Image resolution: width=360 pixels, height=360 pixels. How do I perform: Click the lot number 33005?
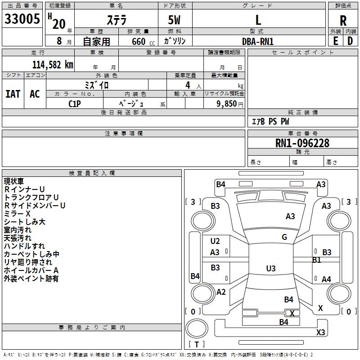(22, 19)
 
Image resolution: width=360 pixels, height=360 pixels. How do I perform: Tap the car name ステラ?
(117, 20)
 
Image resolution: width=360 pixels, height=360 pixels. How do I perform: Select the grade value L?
(258, 20)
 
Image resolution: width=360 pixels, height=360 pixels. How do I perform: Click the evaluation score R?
(343, 20)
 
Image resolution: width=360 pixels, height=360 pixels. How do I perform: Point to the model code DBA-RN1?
(258, 41)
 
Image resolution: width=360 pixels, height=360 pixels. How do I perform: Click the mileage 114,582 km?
(53, 64)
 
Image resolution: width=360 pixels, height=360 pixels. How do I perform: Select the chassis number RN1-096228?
(302, 143)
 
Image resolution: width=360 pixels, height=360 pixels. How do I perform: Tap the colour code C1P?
(75, 103)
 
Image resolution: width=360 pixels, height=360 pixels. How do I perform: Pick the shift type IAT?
(13, 94)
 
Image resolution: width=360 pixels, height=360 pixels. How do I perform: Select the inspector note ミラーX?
(17, 214)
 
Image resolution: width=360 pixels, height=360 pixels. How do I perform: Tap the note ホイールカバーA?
(31, 270)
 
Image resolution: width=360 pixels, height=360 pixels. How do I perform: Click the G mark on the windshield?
(284, 237)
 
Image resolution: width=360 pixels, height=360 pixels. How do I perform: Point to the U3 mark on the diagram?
(270, 269)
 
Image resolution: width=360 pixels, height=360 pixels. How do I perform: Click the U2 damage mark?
(215, 241)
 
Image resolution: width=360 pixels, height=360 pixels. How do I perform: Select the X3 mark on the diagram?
(320, 333)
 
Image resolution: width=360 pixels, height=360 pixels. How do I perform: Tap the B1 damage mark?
(316, 260)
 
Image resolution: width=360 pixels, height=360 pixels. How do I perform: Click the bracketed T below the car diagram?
(197, 344)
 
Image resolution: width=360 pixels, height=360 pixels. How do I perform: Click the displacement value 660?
(138, 41)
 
